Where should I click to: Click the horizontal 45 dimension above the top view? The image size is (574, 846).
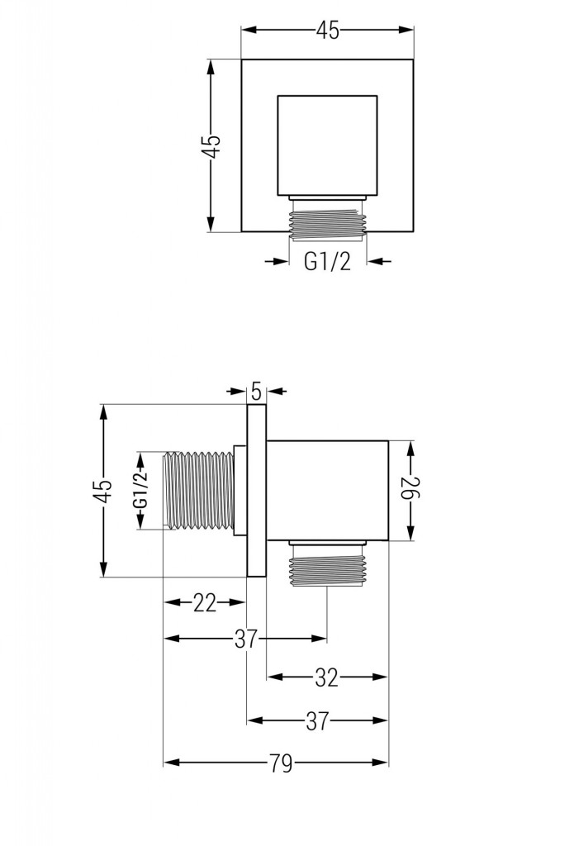[327, 31]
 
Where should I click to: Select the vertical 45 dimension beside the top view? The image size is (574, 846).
[212, 145]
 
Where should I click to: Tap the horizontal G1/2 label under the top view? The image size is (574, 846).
[328, 262]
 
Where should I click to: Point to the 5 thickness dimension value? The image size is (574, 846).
[256, 390]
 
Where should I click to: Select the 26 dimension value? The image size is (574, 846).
[411, 492]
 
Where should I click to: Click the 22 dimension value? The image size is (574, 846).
[205, 603]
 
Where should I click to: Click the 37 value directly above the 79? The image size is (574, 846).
[318, 721]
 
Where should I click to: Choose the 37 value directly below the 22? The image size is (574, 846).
[246, 639]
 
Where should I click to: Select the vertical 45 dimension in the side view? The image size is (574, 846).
[102, 491]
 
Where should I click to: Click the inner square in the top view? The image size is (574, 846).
[327, 145]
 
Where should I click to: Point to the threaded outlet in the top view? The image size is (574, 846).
[327, 221]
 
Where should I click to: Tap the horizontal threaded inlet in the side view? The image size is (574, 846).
[200, 491]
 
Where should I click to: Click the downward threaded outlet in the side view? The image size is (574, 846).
[327, 568]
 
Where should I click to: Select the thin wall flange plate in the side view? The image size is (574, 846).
[257, 491]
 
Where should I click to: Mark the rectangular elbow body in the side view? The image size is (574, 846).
[327, 491]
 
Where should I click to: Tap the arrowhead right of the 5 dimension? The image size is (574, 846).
[274, 390]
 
